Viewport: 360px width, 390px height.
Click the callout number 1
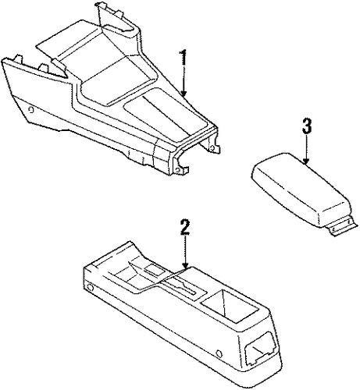click(x=184, y=58)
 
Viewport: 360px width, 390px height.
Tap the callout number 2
click(x=184, y=228)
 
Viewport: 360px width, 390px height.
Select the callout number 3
click(x=306, y=126)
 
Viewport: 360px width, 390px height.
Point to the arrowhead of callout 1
click(x=184, y=93)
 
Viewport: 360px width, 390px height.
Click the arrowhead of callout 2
click(x=185, y=265)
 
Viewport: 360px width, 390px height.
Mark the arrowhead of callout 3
click(x=306, y=161)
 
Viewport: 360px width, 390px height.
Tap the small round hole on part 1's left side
click(x=31, y=110)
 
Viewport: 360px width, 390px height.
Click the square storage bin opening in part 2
click(x=230, y=306)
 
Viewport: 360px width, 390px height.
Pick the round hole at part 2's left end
click(x=90, y=288)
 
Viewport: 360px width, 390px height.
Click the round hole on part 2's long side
click(x=219, y=353)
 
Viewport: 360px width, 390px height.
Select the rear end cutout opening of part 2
click(x=258, y=348)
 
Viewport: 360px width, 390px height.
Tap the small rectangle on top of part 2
click(x=155, y=269)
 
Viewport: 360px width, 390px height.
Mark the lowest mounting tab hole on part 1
click(x=178, y=170)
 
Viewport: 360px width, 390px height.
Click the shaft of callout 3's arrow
click(x=306, y=147)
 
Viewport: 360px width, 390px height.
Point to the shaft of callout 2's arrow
click(x=185, y=250)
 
